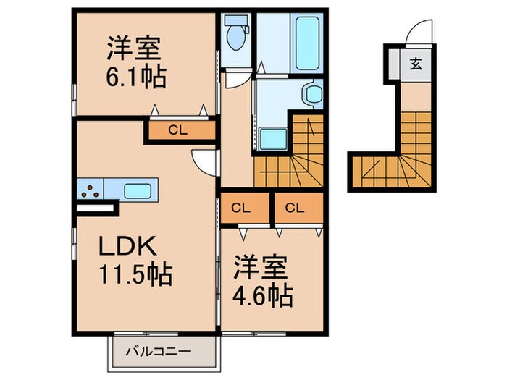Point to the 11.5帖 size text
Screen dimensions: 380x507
click(x=135, y=275)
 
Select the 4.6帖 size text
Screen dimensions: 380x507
click(x=262, y=295)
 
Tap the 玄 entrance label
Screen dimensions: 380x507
click(x=417, y=63)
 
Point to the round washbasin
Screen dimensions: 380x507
click(x=314, y=94)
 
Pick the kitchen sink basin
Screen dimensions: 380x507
click(x=137, y=191)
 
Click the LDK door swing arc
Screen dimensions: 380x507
click(x=202, y=163)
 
